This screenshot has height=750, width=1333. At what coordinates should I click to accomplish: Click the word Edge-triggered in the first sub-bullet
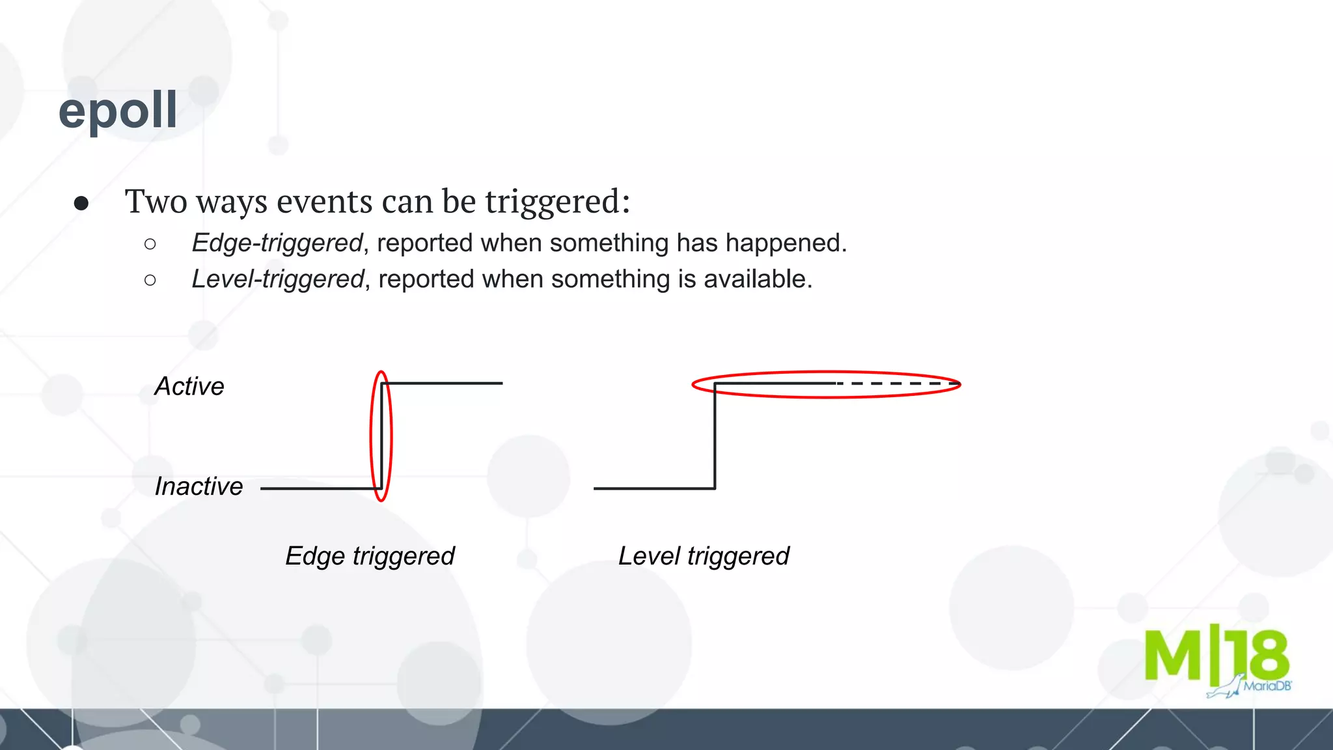pos(277,243)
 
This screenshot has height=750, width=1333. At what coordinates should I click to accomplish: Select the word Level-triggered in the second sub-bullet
pos(277,279)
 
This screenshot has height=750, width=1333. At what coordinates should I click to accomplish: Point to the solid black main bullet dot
pos(81,204)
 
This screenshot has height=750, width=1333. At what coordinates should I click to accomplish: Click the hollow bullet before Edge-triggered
pos(150,244)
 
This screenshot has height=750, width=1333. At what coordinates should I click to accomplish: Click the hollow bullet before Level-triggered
pos(150,281)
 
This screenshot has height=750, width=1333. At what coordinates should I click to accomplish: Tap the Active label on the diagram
pos(189,387)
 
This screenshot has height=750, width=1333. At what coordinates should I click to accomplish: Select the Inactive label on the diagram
pos(199,487)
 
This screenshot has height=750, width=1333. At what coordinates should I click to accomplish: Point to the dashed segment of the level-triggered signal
pos(898,384)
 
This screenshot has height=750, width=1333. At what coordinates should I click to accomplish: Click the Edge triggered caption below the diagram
pos(370,557)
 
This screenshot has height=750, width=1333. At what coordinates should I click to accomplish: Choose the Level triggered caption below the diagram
pos(704,557)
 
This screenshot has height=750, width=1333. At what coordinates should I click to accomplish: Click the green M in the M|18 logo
pos(1174,656)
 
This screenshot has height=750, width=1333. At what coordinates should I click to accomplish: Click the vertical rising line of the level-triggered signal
pos(715,436)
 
